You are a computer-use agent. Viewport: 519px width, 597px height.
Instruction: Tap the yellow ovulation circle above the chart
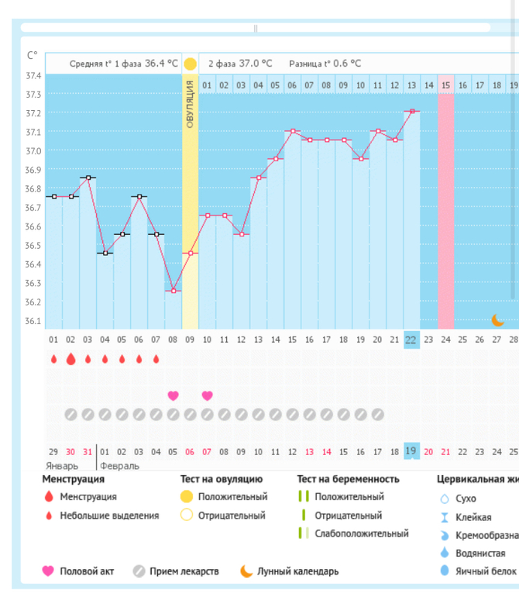click(191, 64)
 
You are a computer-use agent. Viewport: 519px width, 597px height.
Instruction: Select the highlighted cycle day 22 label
click(411, 339)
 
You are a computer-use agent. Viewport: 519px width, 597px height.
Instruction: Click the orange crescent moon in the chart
click(498, 319)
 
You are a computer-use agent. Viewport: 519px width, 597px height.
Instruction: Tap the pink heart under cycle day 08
click(174, 395)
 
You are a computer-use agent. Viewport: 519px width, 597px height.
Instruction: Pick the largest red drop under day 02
click(70, 359)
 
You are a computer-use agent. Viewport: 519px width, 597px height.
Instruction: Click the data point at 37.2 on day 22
click(412, 112)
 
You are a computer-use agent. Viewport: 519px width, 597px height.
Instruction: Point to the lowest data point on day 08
click(174, 291)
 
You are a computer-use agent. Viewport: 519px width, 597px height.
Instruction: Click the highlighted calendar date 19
click(411, 451)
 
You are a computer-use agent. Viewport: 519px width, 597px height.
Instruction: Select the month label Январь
click(62, 466)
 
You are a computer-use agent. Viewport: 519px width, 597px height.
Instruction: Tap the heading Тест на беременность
click(348, 479)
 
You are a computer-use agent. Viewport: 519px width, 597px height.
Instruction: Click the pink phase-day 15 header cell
click(445, 85)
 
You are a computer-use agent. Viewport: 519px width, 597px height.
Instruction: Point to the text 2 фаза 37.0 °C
click(240, 64)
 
